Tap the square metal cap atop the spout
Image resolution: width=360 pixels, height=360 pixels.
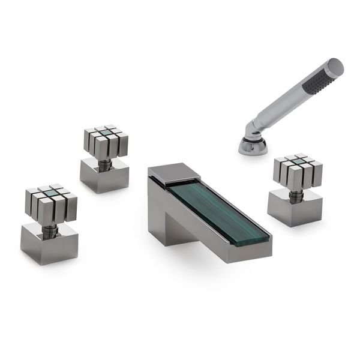pos(174,172)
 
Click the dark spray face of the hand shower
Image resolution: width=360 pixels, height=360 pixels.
pos(322,78)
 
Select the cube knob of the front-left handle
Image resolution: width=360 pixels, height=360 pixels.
pos(50,204)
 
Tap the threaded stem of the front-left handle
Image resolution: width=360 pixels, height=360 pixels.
pos(51,229)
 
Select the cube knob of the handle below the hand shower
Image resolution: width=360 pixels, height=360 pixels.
pos(298,170)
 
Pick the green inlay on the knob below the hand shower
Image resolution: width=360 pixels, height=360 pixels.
pos(298,161)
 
